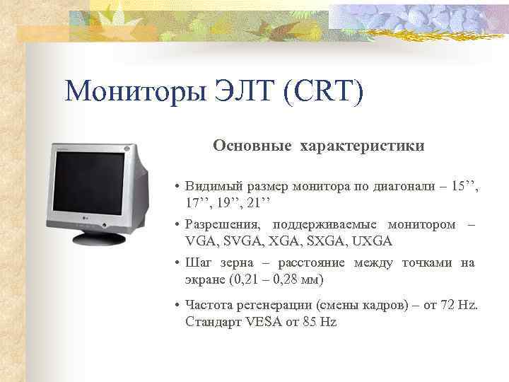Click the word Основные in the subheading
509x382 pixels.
pyautogui.click(x=252, y=146)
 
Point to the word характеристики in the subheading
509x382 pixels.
pyautogui.click(x=362, y=146)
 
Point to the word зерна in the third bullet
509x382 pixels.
pyautogui.click(x=228, y=263)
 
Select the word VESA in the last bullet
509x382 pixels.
pyautogui.click(x=264, y=322)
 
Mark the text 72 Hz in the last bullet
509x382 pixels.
pyautogui.click(x=460, y=306)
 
